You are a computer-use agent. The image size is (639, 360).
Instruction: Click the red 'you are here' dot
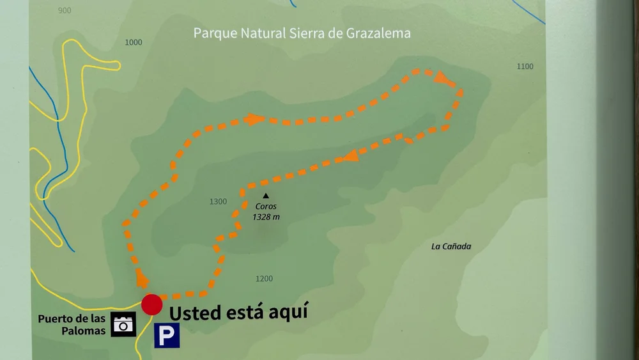(151, 304)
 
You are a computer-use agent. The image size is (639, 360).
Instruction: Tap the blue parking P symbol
(166, 335)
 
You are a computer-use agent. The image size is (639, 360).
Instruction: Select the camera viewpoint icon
(123, 324)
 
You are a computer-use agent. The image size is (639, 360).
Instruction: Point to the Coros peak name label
(266, 207)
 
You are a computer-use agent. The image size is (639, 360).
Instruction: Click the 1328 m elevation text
(266, 217)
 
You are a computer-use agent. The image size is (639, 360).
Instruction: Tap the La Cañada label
(451, 246)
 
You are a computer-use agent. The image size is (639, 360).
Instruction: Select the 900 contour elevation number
(64, 11)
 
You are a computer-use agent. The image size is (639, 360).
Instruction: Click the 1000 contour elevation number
(134, 43)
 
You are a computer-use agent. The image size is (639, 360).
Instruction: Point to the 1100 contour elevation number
(525, 67)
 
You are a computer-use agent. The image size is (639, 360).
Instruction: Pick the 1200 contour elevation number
(264, 279)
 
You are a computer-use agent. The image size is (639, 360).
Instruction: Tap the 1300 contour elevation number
(218, 202)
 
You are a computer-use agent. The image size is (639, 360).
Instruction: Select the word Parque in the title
(212, 33)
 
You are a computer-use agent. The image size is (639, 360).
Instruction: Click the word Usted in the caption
(195, 313)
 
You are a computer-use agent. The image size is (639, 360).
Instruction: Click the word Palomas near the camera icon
(83, 331)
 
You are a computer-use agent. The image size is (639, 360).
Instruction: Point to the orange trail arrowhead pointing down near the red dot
(142, 280)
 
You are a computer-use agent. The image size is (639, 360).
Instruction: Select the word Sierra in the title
(307, 33)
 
